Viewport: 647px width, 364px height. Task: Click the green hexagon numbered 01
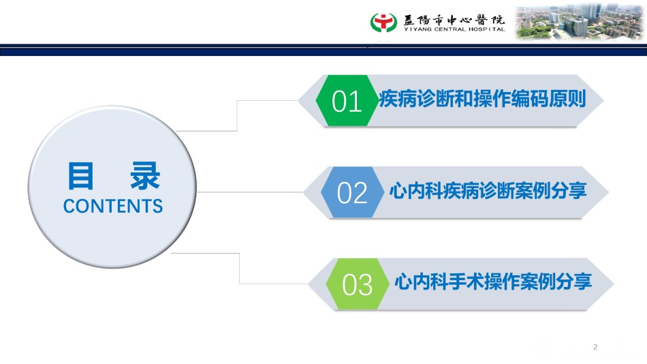tap(347, 100)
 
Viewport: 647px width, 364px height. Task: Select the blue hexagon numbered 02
tap(352, 192)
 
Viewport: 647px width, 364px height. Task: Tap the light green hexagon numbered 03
tap(358, 284)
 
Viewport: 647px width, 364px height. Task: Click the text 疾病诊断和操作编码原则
tap(482, 99)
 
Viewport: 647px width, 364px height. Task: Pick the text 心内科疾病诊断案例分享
tap(488, 190)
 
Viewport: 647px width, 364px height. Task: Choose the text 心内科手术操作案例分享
tap(493, 282)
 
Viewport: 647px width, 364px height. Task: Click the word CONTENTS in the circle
tap(113, 206)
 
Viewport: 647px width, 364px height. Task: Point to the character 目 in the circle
tap(81, 176)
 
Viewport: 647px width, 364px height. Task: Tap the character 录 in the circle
tap(145, 176)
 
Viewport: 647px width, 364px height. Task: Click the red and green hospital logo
tap(383, 22)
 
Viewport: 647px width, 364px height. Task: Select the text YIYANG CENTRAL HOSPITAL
tap(454, 29)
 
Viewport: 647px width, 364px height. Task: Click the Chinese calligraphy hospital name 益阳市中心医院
tap(454, 19)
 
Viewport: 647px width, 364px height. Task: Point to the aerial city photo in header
tap(580, 22)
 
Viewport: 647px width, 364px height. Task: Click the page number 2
tap(595, 347)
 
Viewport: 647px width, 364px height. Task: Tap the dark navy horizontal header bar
tap(323, 50)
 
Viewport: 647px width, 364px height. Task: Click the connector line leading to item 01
tap(237, 116)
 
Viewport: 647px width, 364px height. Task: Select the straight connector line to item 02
tap(250, 192)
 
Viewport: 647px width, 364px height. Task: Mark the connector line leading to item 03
tap(240, 269)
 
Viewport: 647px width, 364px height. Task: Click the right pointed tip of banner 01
tap(603, 100)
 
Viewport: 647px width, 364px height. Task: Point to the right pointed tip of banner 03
tap(613, 284)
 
